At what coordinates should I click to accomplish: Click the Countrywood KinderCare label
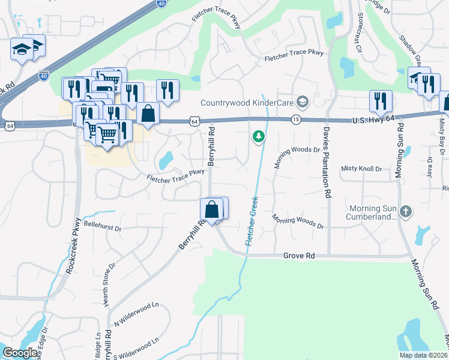pos(247,101)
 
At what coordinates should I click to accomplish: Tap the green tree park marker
pos(259,137)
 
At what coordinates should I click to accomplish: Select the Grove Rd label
pos(299,256)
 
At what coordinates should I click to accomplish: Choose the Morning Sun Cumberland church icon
pos(406,211)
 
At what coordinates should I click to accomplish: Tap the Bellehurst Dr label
pos(103,229)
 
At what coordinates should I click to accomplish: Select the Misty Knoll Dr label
pos(361,169)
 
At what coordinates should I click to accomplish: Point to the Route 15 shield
pos(295,119)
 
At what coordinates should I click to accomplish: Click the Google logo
pos(20,353)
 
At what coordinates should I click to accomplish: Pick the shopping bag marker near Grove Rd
pos(211,210)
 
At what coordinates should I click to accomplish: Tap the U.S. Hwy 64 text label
pos(373,121)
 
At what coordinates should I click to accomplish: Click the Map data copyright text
pos(424,355)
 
